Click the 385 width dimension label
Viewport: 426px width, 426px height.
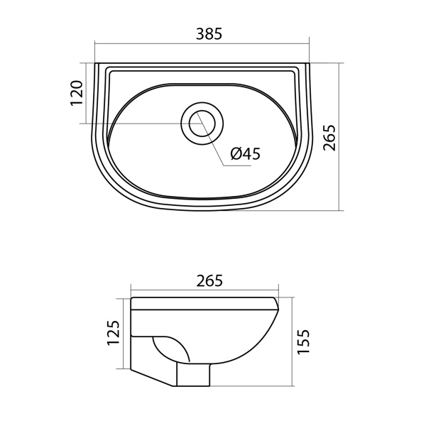click(x=209, y=33)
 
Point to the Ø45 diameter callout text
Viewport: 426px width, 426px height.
click(x=246, y=153)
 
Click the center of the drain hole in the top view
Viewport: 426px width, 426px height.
click(x=203, y=123)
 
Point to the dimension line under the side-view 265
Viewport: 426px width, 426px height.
click(x=170, y=292)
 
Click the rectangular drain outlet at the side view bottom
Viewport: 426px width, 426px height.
click(x=193, y=376)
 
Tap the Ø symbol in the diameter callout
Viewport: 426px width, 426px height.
click(x=236, y=153)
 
